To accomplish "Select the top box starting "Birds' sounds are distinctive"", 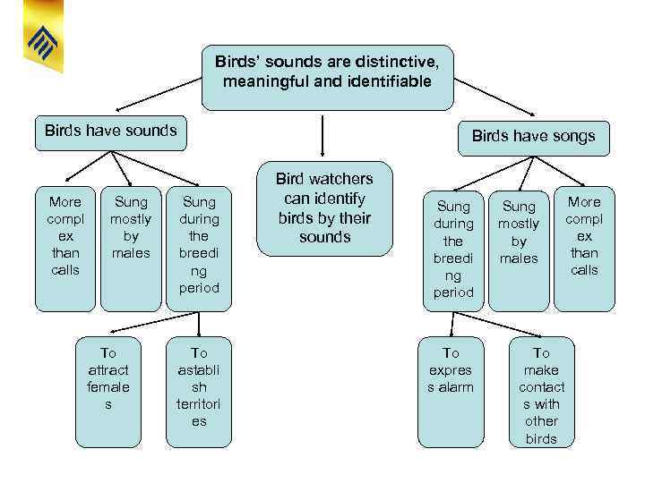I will [327, 72].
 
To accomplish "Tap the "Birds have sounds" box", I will [111, 131].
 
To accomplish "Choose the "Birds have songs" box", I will [533, 137].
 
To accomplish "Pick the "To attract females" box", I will [108, 378].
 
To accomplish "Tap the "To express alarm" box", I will [451, 369].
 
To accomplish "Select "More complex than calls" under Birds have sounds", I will [64, 235].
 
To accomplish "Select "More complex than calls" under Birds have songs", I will [584, 235].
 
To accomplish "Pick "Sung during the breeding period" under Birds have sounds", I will [198, 244].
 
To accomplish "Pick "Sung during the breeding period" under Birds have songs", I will [453, 249].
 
